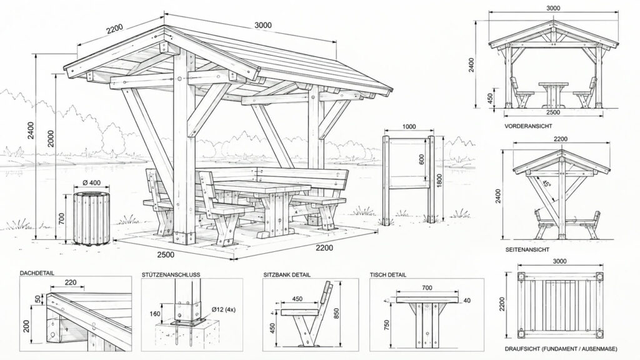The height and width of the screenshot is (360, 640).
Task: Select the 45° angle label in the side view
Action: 546,183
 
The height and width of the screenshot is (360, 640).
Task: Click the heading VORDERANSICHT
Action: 528,126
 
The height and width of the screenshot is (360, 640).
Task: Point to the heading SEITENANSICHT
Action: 527,249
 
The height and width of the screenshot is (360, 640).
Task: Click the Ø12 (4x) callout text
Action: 224,309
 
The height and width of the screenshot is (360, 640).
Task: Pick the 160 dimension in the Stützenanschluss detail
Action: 155,314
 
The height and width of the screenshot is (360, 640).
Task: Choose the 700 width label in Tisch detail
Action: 426,287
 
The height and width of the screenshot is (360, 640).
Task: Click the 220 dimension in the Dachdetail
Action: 71,282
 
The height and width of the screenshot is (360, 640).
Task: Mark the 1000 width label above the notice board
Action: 409,126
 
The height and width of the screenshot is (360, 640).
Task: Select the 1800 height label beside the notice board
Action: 439,181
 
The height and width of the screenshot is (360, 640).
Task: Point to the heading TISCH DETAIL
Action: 387,275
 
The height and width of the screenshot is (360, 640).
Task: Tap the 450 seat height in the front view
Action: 490,98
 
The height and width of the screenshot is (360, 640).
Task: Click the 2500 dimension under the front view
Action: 553,112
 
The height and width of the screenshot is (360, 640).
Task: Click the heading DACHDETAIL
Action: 37,273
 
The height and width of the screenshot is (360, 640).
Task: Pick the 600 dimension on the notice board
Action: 422,159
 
